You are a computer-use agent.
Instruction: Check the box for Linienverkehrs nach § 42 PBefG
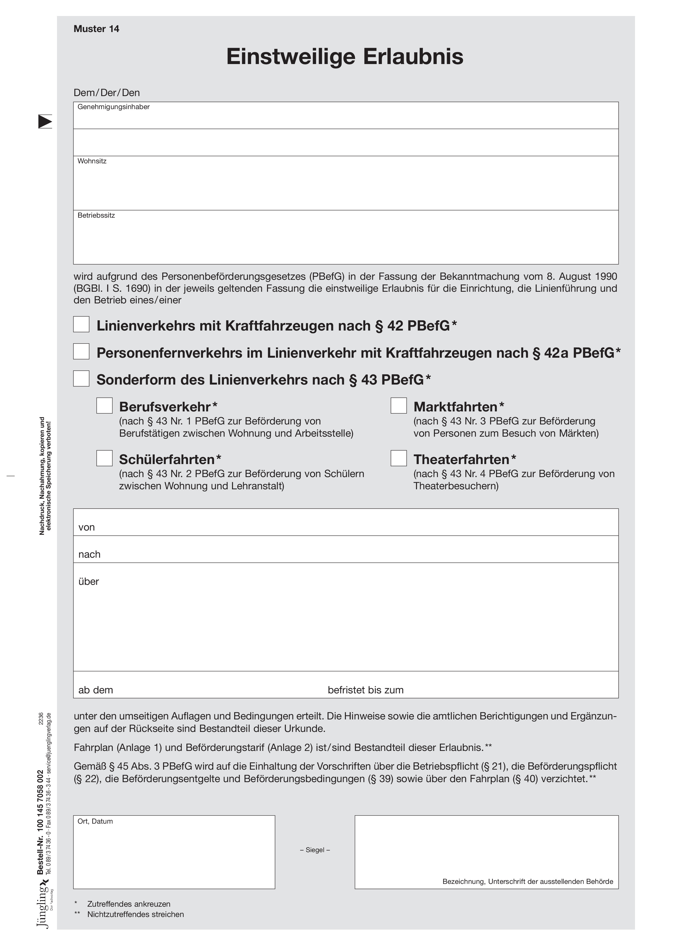pyautogui.click(x=81, y=324)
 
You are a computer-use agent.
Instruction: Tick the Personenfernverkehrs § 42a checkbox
pyautogui.click(x=81, y=351)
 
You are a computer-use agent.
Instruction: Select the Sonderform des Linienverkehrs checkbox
pyautogui.click(x=81, y=379)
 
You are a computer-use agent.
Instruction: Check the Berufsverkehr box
pyautogui.click(x=104, y=405)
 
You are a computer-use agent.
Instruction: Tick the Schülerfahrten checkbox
pyautogui.click(x=104, y=458)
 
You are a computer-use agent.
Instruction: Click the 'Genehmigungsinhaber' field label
pyautogui.click(x=114, y=107)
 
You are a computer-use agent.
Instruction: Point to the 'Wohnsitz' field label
pyautogui.click(x=92, y=161)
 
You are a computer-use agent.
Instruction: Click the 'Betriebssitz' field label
pyautogui.click(x=96, y=215)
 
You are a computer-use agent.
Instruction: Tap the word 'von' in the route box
pyautogui.click(x=87, y=527)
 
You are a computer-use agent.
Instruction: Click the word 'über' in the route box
pyautogui.click(x=89, y=581)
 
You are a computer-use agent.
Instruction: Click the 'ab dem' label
pyautogui.click(x=96, y=690)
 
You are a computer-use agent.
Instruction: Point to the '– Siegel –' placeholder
pyautogui.click(x=315, y=850)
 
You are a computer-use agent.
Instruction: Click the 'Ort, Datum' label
pyautogui.click(x=95, y=821)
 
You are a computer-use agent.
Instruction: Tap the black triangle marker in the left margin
pyautogui.click(x=45, y=122)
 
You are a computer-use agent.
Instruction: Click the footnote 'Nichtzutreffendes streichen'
pyautogui.click(x=136, y=914)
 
